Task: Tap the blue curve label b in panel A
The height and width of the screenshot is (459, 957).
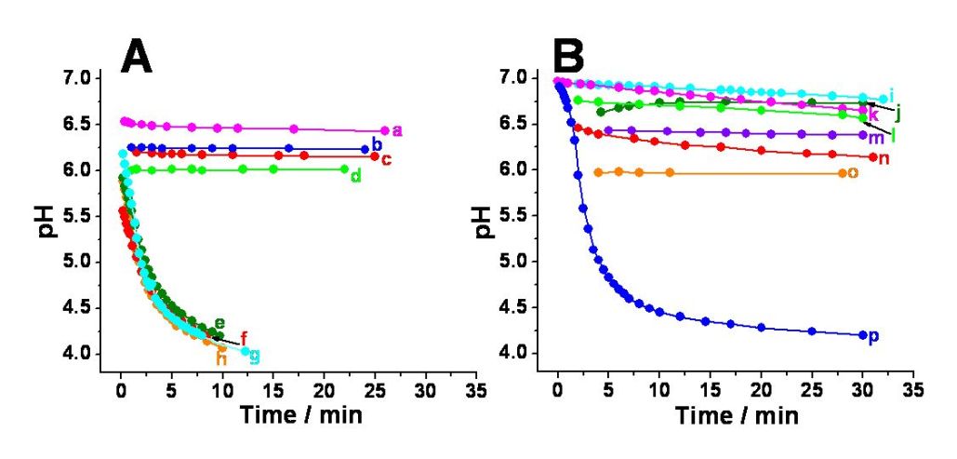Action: pyautogui.click(x=376, y=144)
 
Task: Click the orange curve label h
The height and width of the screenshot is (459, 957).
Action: pyautogui.click(x=221, y=358)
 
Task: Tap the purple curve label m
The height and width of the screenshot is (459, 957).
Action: pyautogui.click(x=875, y=137)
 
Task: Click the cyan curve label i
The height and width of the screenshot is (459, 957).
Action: pyautogui.click(x=891, y=96)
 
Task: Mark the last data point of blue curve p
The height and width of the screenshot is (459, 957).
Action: pyautogui.click(x=862, y=335)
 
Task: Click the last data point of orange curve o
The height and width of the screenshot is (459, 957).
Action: pyautogui.click(x=842, y=173)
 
